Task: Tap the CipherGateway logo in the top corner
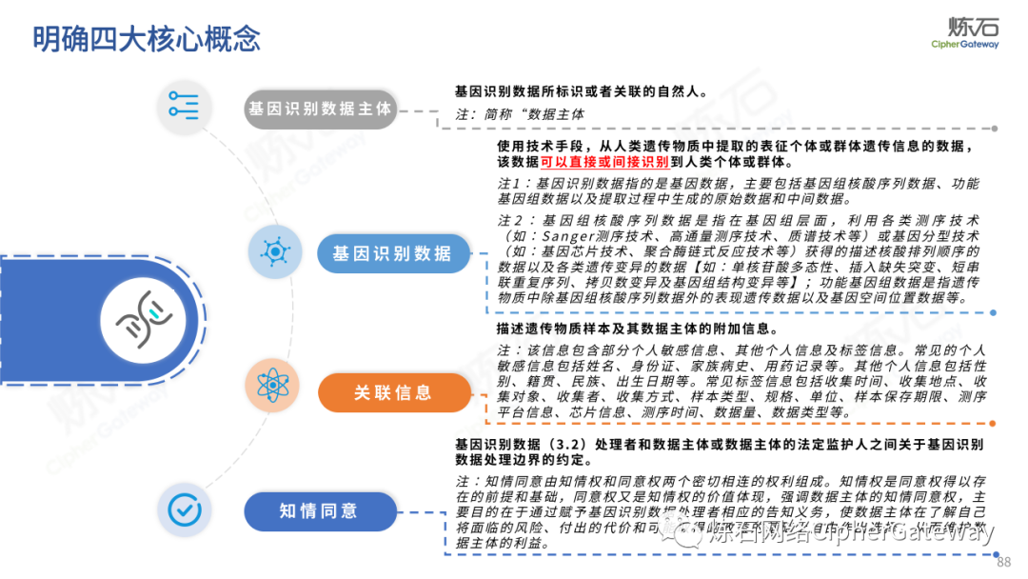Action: [x=964, y=31]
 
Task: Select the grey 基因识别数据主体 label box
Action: [x=319, y=109]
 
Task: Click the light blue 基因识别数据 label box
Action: [x=392, y=253]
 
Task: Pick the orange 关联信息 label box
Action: [x=393, y=391]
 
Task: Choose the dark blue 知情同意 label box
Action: [x=319, y=510]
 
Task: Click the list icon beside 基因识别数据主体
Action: [x=184, y=107]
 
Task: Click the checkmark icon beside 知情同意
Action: [x=184, y=509]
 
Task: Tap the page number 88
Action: [x=1003, y=562]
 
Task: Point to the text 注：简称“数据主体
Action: [x=520, y=114]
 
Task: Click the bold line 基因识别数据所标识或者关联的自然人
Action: [x=581, y=91]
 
